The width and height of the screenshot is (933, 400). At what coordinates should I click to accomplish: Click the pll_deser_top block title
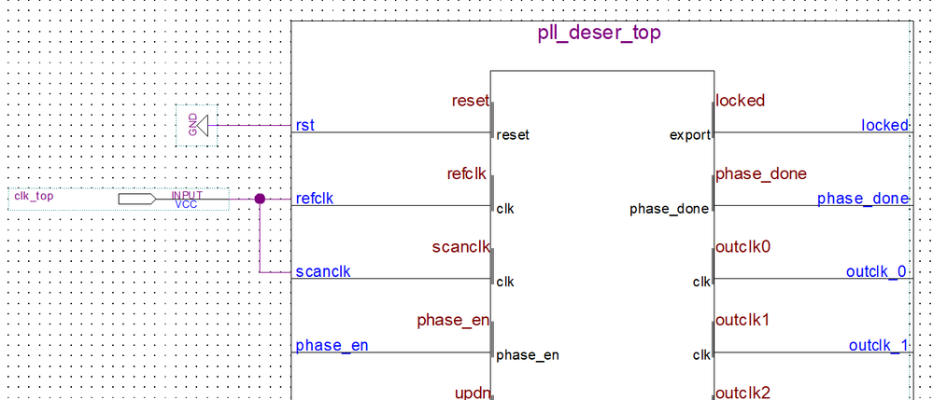click(x=600, y=34)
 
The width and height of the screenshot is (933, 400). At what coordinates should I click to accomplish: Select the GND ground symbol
click(x=196, y=125)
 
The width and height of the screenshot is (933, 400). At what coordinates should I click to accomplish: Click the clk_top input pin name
click(x=34, y=196)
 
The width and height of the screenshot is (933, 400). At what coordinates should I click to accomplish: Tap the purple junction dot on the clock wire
click(x=260, y=199)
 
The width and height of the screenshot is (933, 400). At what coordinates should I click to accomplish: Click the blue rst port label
click(x=304, y=125)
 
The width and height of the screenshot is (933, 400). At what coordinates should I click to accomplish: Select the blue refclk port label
click(x=315, y=199)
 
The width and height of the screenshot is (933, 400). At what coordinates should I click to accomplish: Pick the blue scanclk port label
click(x=322, y=272)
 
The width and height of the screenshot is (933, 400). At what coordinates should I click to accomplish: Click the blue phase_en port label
click(x=332, y=346)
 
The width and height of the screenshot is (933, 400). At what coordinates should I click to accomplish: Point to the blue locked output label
click(x=884, y=125)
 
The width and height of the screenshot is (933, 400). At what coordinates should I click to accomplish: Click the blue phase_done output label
click(x=862, y=199)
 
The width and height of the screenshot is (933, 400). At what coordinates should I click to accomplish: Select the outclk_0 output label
click(x=876, y=272)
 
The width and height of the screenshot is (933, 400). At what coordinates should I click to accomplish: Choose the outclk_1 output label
click(x=878, y=346)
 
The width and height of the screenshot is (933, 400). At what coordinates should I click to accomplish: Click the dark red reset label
click(x=470, y=101)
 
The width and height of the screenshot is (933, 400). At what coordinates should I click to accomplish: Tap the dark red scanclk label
click(x=461, y=248)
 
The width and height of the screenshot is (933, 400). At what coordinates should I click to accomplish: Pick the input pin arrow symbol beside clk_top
click(x=137, y=199)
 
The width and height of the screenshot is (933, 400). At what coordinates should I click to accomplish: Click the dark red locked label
click(x=740, y=101)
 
